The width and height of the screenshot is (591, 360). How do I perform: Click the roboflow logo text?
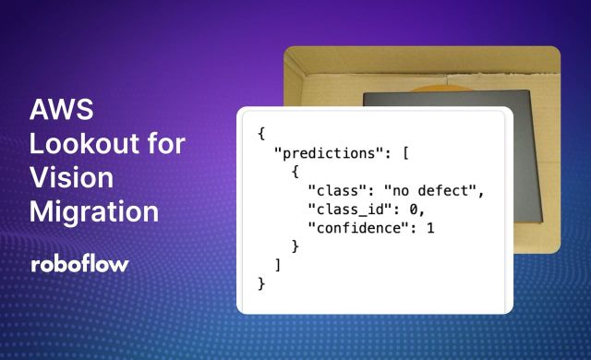pyautogui.click(x=79, y=264)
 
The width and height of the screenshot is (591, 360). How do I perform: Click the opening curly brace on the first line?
pyautogui.click(x=261, y=133)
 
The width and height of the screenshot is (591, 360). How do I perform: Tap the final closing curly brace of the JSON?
pyautogui.click(x=261, y=283)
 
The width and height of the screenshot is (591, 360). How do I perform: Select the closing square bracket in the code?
pyautogui.click(x=278, y=265)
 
